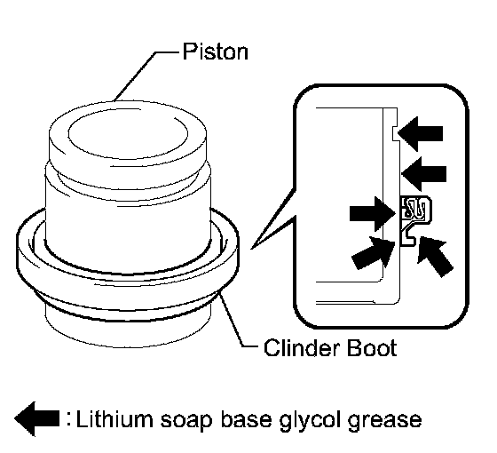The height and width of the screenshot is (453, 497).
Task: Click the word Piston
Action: pos(216,52)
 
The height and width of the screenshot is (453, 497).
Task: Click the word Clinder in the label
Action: pos(301,348)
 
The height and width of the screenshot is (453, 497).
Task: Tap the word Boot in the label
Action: pos(372,348)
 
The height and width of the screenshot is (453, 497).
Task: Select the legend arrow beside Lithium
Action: pos(37,418)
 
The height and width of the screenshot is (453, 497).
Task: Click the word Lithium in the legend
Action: pos(114,419)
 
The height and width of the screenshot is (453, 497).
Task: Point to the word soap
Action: pos(186,422)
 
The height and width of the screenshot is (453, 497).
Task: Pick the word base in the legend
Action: pos(246,419)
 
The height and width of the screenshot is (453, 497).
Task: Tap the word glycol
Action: pos(309,422)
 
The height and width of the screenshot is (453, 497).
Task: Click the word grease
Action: pos(384,422)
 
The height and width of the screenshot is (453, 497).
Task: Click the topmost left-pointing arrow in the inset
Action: pos(421,133)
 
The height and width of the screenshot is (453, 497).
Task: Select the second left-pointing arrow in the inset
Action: pos(424,174)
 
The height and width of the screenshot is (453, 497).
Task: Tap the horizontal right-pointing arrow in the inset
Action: pos(373,213)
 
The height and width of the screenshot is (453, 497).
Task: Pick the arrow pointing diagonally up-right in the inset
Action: pos(374,252)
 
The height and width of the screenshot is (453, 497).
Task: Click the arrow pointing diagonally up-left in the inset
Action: pos(434,256)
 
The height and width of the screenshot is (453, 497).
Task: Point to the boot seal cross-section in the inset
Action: pos(415,220)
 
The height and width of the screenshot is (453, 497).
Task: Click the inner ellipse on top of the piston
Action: pos(128,133)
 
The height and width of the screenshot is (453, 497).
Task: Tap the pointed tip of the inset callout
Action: pos(252,248)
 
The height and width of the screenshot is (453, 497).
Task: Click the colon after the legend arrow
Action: pos(69,419)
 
